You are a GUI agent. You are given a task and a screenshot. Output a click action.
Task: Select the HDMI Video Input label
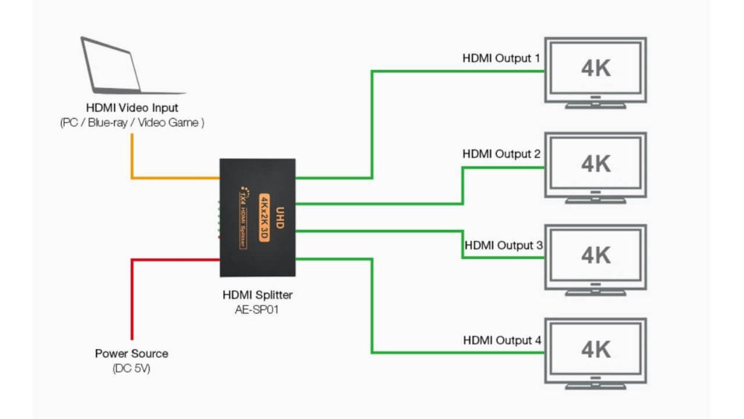pyautogui.click(x=132, y=108)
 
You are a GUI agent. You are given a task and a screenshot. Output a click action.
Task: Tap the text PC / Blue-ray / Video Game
pyautogui.click(x=132, y=123)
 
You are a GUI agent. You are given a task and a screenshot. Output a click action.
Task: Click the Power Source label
pyautogui.click(x=132, y=354)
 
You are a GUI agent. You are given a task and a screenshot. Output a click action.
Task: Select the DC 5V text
pyautogui.click(x=132, y=368)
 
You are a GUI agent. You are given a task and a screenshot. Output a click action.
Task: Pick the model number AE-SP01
pyautogui.click(x=258, y=309)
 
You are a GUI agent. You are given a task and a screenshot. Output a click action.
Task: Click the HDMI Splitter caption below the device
pyautogui.click(x=258, y=295)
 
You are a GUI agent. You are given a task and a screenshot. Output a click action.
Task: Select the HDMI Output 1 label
pyautogui.click(x=502, y=57)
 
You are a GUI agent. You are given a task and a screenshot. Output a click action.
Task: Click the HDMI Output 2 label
pyautogui.click(x=502, y=154)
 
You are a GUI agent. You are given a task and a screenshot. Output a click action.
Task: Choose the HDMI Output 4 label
pyautogui.click(x=502, y=340)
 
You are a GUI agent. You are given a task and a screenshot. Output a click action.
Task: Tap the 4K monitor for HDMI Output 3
pyautogui.click(x=596, y=256)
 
